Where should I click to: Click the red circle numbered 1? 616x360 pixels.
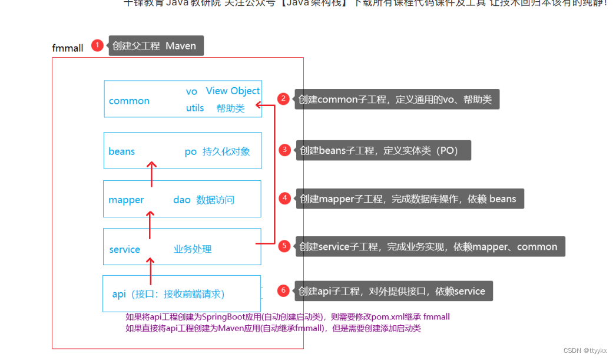pos(98,45)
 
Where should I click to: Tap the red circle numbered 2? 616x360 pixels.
pos(284,99)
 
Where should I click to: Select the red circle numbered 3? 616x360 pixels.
pos(285,150)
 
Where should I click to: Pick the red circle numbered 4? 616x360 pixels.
pos(285,199)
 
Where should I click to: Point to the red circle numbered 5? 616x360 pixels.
pos(285,246)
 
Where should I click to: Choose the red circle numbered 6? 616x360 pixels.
pos(284,290)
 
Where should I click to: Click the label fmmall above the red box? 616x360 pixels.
pos(68,48)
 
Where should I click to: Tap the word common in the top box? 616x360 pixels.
pos(129,101)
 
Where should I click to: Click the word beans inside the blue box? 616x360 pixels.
pos(122,151)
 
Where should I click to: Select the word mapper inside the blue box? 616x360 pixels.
pos(126,200)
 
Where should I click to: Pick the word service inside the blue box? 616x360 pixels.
pos(125,249)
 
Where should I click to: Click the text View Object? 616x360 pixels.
pos(233,91)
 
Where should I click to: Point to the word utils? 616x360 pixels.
pos(195,108)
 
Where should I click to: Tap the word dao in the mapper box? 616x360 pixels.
pos(182,200)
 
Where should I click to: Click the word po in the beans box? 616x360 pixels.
pos(190,151)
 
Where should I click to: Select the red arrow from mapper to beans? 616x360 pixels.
pos(151,174)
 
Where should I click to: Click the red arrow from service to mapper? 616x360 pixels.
pos(150,223)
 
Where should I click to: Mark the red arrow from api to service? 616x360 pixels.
pos(151,271)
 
